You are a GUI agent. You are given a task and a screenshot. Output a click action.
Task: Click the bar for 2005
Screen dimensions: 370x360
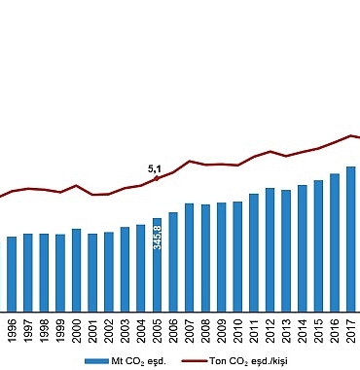(x=157, y=263)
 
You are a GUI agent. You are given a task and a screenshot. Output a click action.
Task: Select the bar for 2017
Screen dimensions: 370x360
(x=350, y=238)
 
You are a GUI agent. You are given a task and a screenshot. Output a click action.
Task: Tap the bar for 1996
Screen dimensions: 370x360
(x=12, y=273)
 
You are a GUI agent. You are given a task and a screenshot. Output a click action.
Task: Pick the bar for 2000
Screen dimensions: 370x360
(x=76, y=269)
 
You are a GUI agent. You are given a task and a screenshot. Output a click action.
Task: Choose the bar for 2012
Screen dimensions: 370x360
(x=270, y=248)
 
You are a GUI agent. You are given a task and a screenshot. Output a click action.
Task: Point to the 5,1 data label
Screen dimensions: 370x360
(x=154, y=168)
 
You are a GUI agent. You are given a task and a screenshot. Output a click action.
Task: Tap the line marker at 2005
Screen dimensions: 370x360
(x=157, y=178)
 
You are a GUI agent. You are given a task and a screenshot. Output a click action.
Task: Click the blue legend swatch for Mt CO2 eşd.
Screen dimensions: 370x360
(x=96, y=360)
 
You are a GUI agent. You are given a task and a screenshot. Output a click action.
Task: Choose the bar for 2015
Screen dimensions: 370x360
(x=318, y=244)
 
